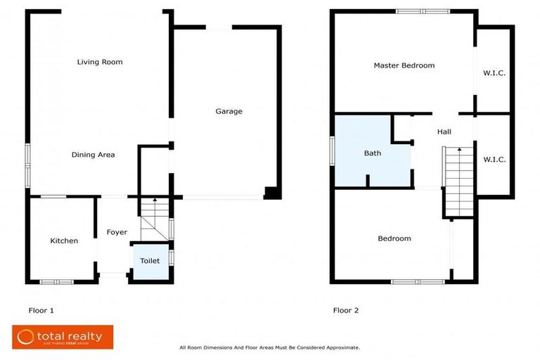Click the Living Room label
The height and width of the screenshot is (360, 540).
coord(100,62)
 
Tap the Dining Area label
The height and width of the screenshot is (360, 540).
coord(93,155)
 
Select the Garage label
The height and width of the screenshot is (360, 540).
coord(229,111)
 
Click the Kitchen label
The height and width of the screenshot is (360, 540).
coord(64,241)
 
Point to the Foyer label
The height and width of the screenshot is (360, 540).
coord(117,232)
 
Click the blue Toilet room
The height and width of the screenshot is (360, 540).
coord(150,261)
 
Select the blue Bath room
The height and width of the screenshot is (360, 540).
coord(372,153)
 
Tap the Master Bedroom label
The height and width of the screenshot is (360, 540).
coord(404,65)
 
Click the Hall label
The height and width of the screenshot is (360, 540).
coord(444,131)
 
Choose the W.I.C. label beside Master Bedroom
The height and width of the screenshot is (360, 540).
coord(494,73)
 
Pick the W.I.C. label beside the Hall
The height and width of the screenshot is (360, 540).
coord(494,160)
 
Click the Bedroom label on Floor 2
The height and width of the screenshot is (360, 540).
coord(394,238)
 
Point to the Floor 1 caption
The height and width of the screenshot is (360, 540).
coord(41,309)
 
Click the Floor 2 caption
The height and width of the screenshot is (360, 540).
coord(345,309)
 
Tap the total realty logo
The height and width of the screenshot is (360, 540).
coord(63,337)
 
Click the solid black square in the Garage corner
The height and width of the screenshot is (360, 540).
coord(271,193)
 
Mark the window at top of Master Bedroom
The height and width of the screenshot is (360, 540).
coord(422,11)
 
